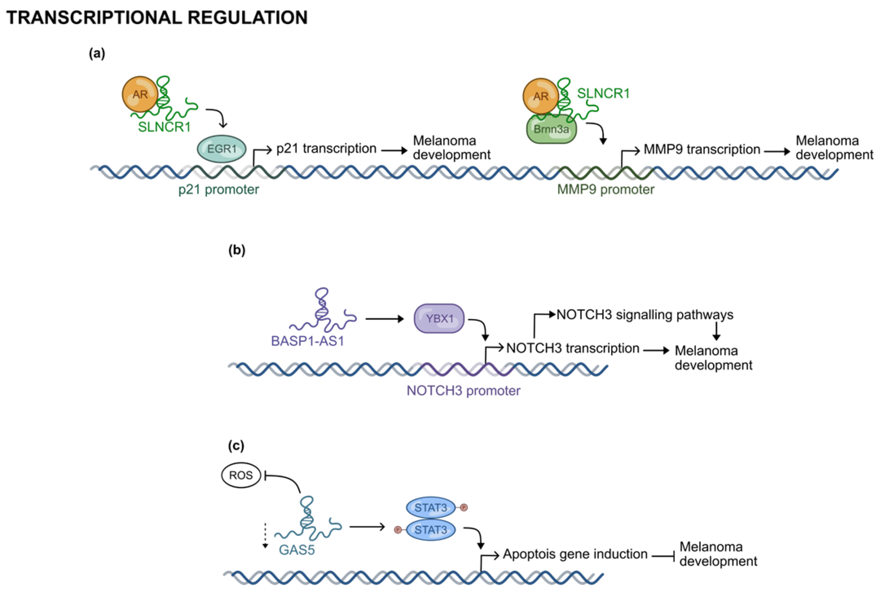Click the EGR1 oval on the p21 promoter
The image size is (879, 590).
pyautogui.click(x=222, y=149)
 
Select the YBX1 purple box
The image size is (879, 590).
pyautogui.click(x=439, y=319)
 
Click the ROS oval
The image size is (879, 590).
pyautogui.click(x=241, y=475)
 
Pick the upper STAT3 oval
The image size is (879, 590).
pyautogui.click(x=431, y=508)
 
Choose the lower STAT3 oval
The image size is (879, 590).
pyautogui.click(x=431, y=530)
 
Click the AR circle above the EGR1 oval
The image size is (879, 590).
pyautogui.click(x=140, y=94)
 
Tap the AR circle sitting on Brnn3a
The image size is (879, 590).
pyautogui.click(x=541, y=96)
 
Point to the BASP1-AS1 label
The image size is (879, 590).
pyautogui.click(x=308, y=341)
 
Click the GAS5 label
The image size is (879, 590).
pyautogui.click(x=297, y=550)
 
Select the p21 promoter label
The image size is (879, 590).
pyautogui.click(x=219, y=189)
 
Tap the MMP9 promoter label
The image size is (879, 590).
pyautogui.click(x=606, y=189)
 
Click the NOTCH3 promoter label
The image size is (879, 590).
pyautogui.click(x=463, y=390)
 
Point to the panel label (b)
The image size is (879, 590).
pyautogui.click(x=237, y=250)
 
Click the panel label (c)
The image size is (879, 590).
pyautogui.click(x=236, y=446)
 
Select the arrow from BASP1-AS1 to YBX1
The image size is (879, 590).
pyautogui.click(x=384, y=319)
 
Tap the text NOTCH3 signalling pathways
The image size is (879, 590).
pyautogui.click(x=645, y=315)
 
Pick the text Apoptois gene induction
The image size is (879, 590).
pyautogui.click(x=575, y=554)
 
